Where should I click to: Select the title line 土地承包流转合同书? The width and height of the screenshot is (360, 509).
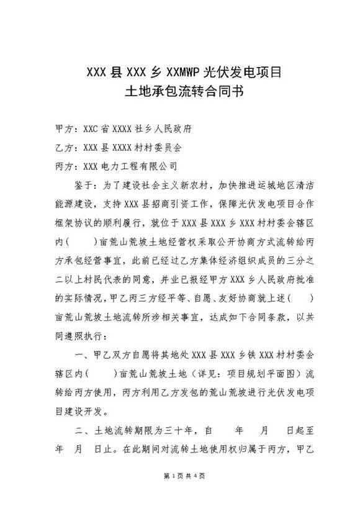point(179,93)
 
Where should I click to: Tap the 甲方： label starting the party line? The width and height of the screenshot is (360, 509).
point(65,130)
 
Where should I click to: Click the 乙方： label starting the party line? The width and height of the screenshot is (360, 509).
point(65,148)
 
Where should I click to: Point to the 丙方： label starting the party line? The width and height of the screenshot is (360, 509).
point(65,166)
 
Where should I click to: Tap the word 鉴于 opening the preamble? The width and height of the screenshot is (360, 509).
point(83,184)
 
